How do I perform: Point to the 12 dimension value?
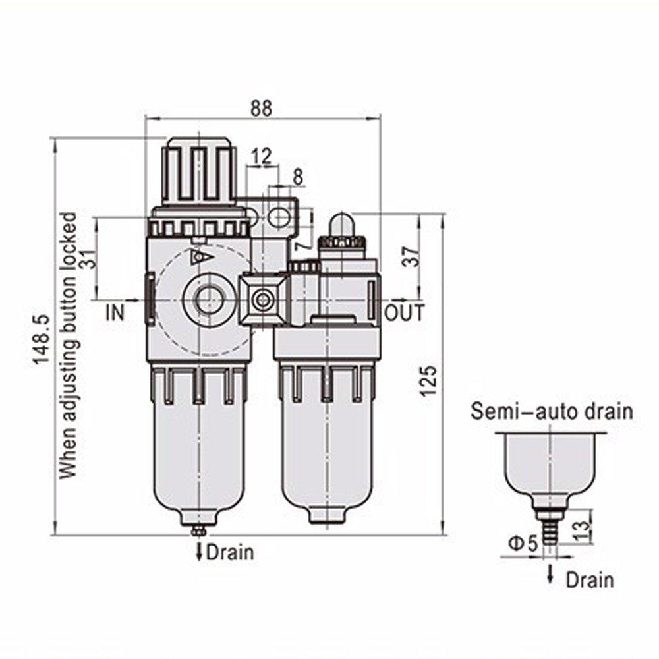coord(262,156)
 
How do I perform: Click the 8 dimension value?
coord(297,177)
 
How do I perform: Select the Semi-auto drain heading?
coord(551,413)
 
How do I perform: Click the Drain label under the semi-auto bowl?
coord(590,580)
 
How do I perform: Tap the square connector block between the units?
coord(265,300)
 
